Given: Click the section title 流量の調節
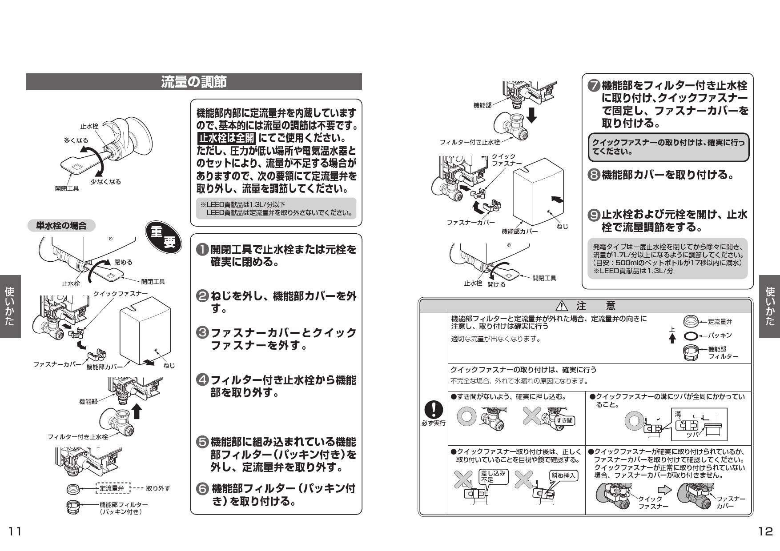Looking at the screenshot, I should coord(193,82).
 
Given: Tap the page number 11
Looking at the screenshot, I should coord(14,531).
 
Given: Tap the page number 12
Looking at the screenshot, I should coord(766,531).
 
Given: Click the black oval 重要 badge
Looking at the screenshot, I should coord(164,239).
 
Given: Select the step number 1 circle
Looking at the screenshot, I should coord(202,250).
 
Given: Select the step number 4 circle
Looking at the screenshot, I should coord(202,380).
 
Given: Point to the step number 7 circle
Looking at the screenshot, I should coord(594,86).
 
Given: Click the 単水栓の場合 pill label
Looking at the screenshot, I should coord(61,226).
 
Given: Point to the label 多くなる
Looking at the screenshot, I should coord(76,140).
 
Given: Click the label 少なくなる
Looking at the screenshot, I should coord(106,182).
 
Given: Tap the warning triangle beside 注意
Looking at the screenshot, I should coord(562,306).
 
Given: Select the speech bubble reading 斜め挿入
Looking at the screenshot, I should coord(563,475).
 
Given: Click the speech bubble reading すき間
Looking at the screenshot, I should coord(564,420).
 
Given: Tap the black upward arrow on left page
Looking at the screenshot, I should coord(137,411).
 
